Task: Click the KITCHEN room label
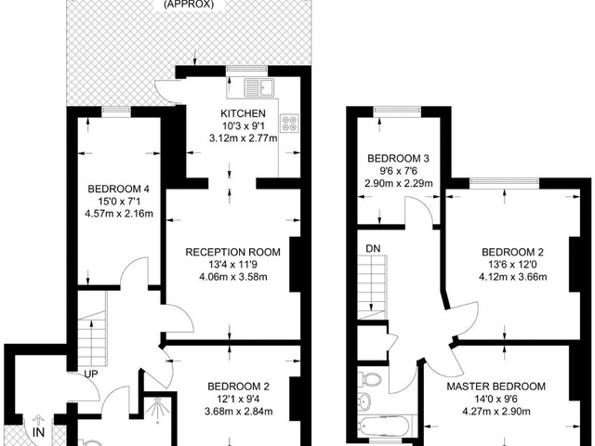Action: click(243, 113)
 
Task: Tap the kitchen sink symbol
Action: click(258, 88)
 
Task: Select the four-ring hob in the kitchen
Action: click(289, 124)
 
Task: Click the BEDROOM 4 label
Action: click(118, 189)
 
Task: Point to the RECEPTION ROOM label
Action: click(233, 252)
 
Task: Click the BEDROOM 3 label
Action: click(399, 158)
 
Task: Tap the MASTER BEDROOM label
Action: click(496, 387)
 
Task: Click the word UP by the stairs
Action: click(91, 374)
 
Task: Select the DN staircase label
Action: click(373, 249)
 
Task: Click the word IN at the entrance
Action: click(39, 432)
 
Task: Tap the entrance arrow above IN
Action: click(37, 420)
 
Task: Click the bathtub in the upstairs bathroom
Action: click(384, 426)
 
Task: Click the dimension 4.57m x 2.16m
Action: click(119, 214)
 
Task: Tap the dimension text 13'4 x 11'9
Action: click(233, 264)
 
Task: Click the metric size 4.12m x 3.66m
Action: click(512, 277)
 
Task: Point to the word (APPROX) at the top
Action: click(189, 5)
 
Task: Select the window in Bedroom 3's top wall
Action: click(397, 110)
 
